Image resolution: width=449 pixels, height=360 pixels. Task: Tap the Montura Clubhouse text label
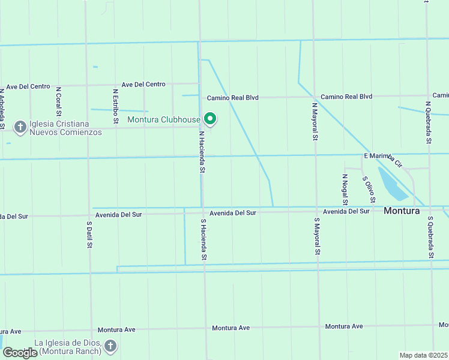(164, 119)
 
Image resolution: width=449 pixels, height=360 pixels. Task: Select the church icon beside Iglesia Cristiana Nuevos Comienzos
(19, 127)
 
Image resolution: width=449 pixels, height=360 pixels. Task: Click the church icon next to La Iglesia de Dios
(110, 346)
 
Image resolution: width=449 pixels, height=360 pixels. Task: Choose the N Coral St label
(58, 101)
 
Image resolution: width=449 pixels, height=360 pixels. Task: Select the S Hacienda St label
(204, 239)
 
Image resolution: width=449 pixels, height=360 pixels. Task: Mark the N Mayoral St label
(314, 121)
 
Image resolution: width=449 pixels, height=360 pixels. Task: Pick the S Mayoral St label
(316, 236)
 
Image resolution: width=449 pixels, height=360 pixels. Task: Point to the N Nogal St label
(345, 189)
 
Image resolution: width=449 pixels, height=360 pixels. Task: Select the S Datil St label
(89, 235)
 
